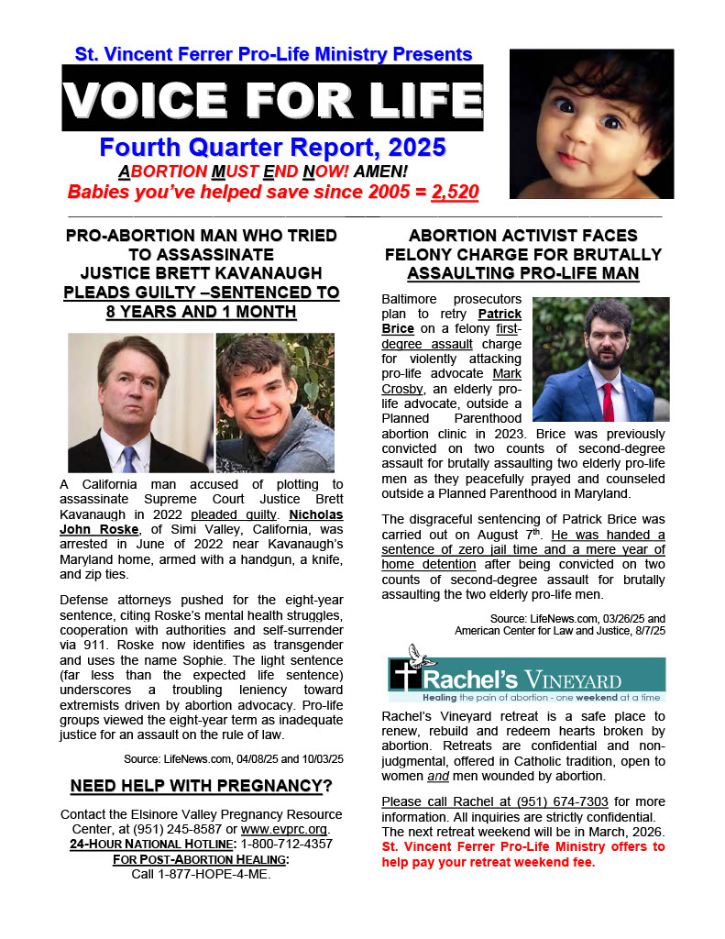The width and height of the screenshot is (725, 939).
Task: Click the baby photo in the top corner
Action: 591,124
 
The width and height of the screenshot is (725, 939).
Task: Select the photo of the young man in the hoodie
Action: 275,403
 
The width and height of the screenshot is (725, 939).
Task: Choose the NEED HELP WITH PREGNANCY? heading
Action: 201,786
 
